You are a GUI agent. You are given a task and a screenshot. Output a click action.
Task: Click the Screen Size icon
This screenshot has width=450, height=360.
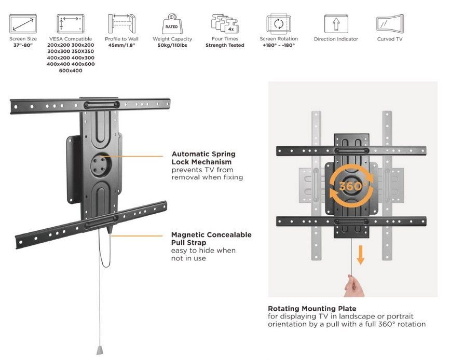[x=23, y=24]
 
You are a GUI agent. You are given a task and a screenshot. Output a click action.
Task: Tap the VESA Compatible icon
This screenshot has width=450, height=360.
[x=71, y=24]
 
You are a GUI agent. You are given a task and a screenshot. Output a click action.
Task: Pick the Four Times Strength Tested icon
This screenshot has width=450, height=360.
[x=224, y=24]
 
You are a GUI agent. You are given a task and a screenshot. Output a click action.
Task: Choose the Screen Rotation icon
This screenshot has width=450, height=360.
[x=278, y=24]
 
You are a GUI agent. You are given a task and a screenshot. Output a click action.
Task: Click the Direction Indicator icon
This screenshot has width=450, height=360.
[x=335, y=24]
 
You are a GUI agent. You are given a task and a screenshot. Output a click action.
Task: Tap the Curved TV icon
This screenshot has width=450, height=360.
[x=389, y=24]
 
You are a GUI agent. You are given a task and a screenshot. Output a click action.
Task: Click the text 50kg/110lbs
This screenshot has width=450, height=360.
[x=172, y=46]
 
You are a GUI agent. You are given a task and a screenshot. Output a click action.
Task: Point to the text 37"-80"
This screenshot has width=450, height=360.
[x=23, y=46]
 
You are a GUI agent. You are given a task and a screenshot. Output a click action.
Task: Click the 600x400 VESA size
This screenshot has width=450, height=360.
[x=71, y=71]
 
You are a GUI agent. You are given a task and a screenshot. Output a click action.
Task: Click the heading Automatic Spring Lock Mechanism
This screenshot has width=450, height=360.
[x=203, y=158]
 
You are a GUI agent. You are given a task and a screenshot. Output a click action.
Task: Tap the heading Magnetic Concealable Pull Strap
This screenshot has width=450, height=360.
[x=211, y=239]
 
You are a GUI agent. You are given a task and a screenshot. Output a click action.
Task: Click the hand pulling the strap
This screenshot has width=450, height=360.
[x=354, y=285]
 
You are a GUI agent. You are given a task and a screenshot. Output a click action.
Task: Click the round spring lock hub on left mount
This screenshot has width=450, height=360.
[x=100, y=165]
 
